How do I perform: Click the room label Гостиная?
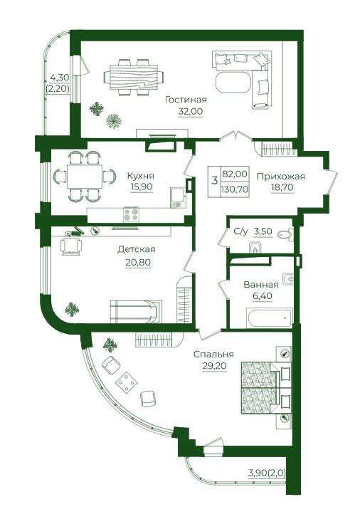pyautogui.click(x=186, y=100)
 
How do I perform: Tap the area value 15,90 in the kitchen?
pyautogui.click(x=142, y=187)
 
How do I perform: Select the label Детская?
pyautogui.click(x=137, y=249)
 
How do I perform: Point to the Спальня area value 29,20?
pyautogui.click(x=214, y=366)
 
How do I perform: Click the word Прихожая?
pyautogui.click(x=280, y=176)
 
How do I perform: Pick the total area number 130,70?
pyautogui.click(x=235, y=189)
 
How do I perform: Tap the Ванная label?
pyautogui.click(x=261, y=285)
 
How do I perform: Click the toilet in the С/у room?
pyautogui.click(x=285, y=235)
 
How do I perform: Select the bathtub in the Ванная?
pyautogui.click(x=270, y=318)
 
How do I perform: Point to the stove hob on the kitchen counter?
pyautogui.click(x=131, y=214)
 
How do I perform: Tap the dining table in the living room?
pyautogui.click(x=134, y=78)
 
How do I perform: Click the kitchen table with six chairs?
pyautogui.click(x=85, y=177)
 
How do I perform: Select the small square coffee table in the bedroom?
pyautogui.click(x=126, y=382)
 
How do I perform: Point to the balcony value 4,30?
pyautogui.click(x=59, y=78)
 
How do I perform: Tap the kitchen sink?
pyautogui.click(x=176, y=197)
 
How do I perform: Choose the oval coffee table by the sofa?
pyautogui.click(x=233, y=82)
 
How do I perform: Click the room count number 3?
pyautogui.click(x=214, y=180)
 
